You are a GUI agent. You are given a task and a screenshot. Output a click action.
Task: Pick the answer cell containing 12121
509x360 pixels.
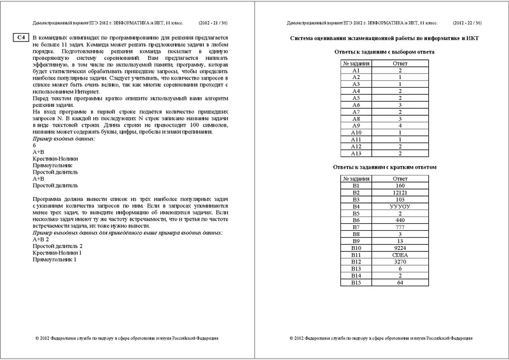point(400,191)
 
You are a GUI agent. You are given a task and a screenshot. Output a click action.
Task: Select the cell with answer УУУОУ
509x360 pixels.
point(400,206)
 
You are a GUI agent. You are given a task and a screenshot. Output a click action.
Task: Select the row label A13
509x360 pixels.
point(356,153)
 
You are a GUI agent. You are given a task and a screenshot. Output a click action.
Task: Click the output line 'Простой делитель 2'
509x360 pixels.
point(59,246)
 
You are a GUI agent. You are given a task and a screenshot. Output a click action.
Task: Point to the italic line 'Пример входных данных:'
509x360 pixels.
point(63,139)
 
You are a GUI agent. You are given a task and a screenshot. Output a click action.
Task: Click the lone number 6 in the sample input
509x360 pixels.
point(34,146)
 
